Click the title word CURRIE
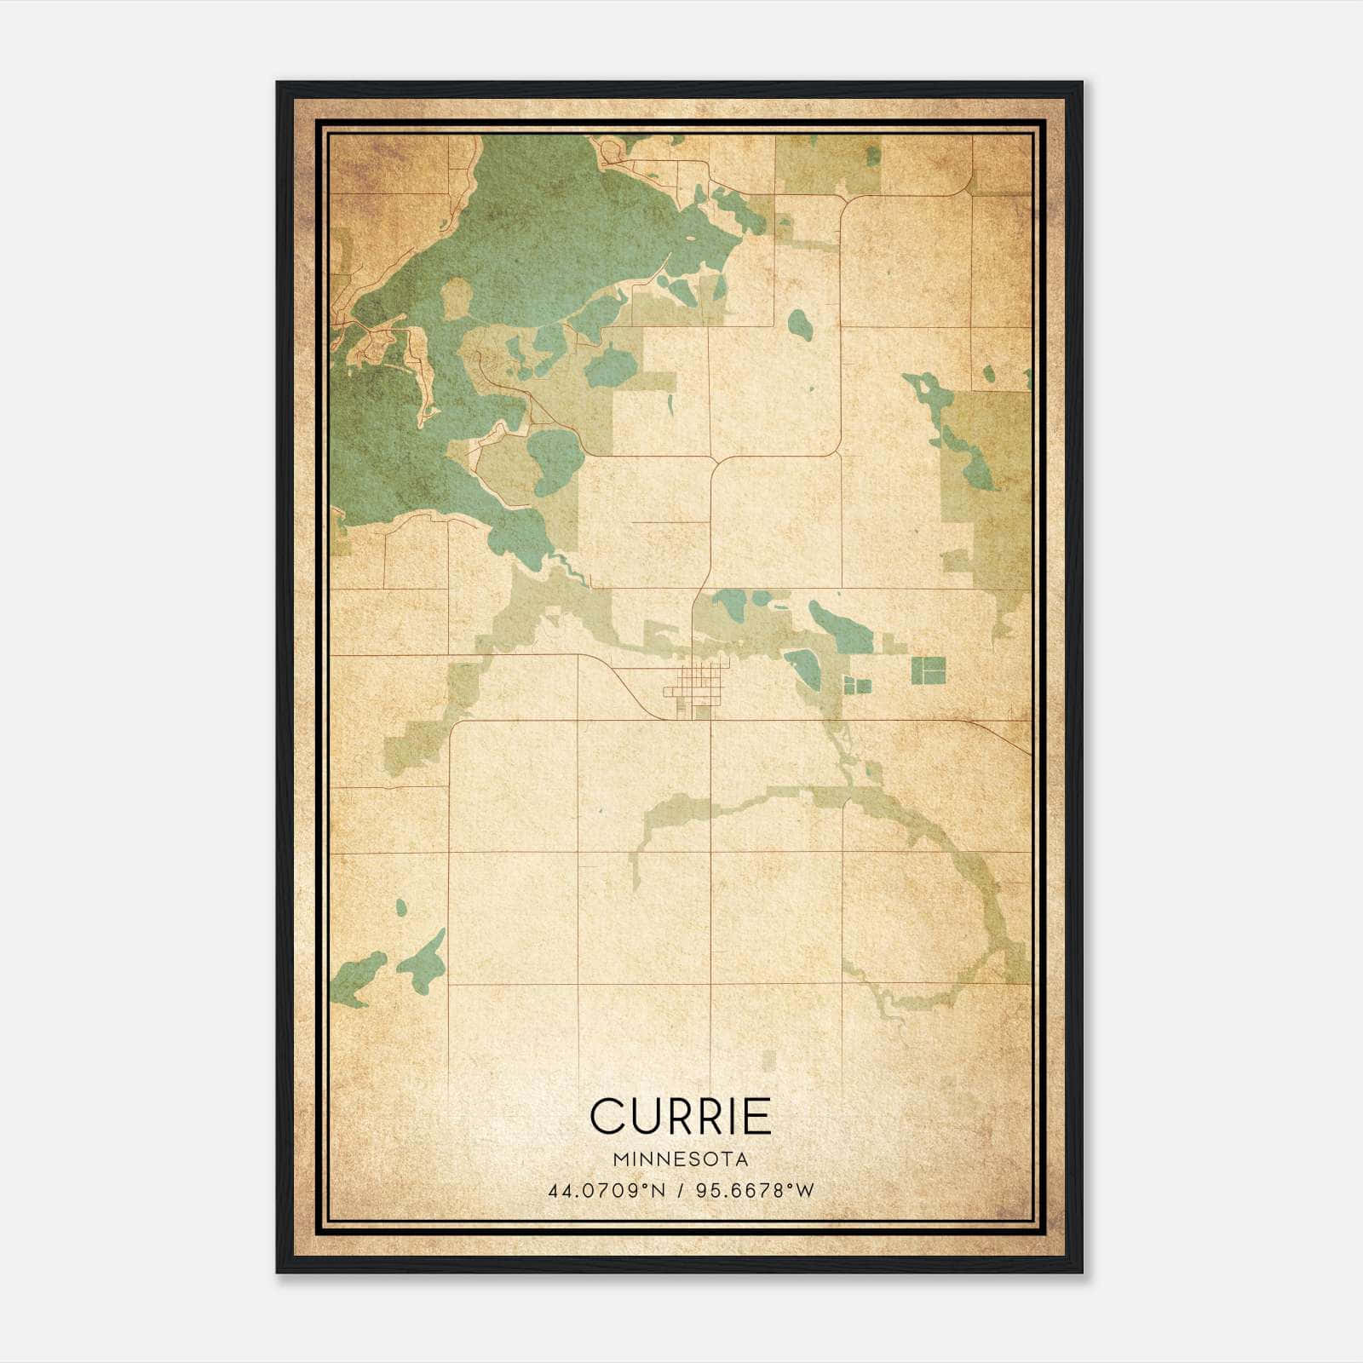tap(680, 1117)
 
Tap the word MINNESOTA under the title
tap(680, 1159)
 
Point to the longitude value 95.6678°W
tap(755, 1190)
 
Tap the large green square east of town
tap(929, 670)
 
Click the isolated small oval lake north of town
tap(798, 323)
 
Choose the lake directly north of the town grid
tap(731, 606)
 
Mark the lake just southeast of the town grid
tap(803, 669)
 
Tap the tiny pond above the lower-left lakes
tap(400, 906)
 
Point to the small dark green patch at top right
tap(872, 155)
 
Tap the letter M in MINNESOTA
tap(617, 1159)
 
